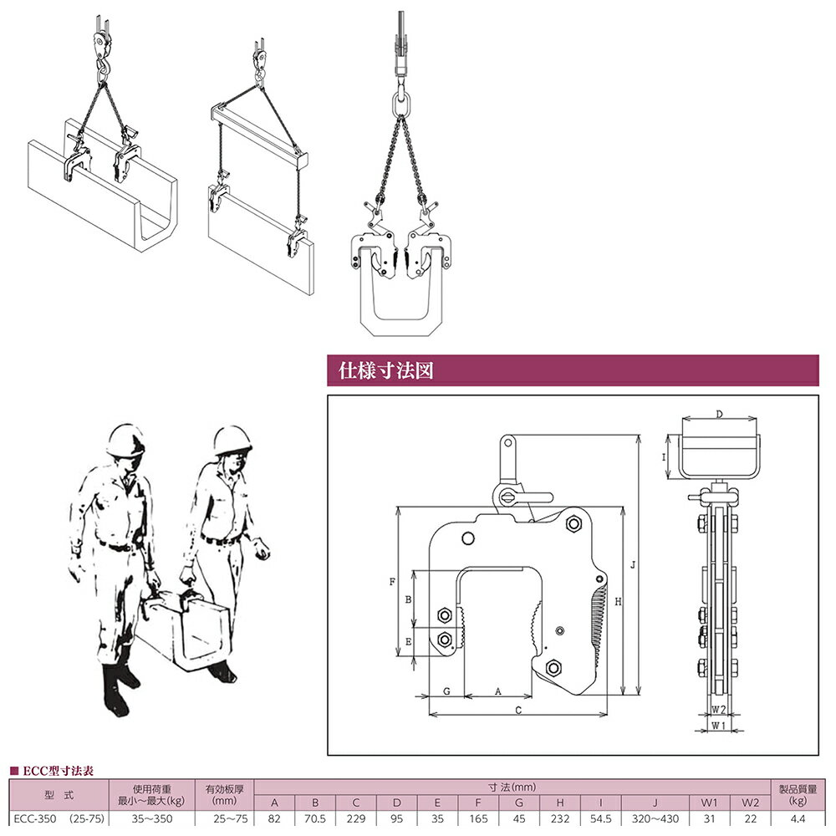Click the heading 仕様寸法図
[385, 370]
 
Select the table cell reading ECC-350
[34, 818]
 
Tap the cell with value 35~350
[151, 818]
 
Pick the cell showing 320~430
[655, 818]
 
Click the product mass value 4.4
[798, 818]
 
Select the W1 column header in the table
[709, 803]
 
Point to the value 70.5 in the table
[314, 818]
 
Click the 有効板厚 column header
[224, 788]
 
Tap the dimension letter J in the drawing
[633, 564]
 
